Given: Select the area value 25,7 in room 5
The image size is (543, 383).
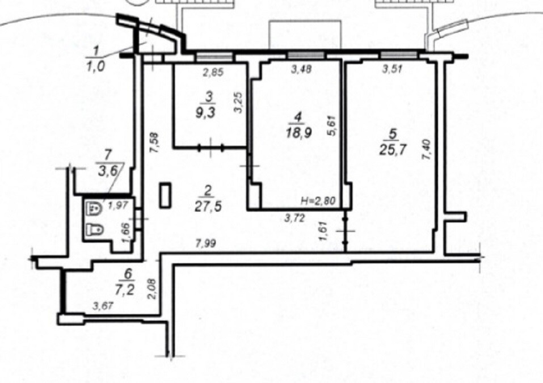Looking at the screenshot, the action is (x=393, y=150).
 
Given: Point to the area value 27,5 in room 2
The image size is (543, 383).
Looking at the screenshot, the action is (x=208, y=207).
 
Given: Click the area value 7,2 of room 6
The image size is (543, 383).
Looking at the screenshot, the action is (x=128, y=289).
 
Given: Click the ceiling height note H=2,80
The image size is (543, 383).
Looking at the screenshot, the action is (x=318, y=201).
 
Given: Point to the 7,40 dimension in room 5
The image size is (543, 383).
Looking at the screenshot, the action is (x=426, y=150).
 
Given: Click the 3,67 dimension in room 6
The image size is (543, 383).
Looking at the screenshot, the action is (x=103, y=306).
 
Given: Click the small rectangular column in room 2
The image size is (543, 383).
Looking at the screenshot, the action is (x=165, y=196).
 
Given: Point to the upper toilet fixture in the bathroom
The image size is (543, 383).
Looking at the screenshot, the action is (x=94, y=208).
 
